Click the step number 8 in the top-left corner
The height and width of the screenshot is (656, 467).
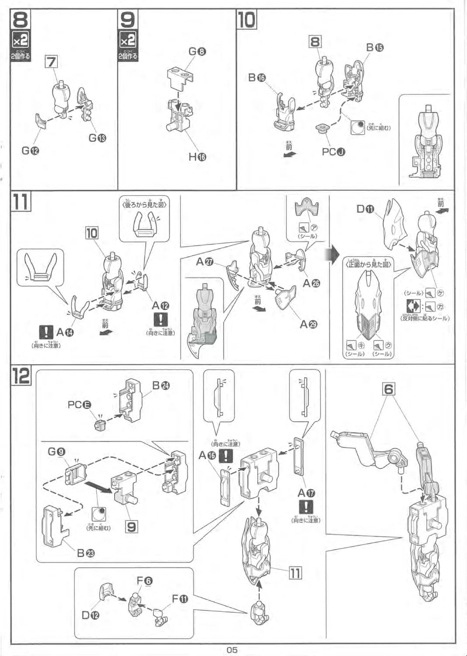[20, 20]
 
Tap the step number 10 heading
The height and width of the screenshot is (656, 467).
[246, 20]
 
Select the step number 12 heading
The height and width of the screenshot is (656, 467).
[21, 376]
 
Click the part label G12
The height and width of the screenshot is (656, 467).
[30, 151]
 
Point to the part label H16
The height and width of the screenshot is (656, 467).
[197, 157]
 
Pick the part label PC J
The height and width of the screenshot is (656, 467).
[333, 152]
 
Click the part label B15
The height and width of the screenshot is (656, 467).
[375, 47]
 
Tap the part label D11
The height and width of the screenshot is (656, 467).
[365, 209]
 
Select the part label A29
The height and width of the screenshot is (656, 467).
[308, 325]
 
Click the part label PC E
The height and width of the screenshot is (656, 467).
[79, 405]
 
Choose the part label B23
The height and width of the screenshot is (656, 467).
[86, 553]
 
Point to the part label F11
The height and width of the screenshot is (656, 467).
[180, 599]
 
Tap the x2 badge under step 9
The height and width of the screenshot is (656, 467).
[128, 40]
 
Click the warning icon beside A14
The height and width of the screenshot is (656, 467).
[46, 332]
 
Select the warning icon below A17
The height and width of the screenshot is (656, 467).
[306, 507]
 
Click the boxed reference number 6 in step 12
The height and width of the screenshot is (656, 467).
[388, 389]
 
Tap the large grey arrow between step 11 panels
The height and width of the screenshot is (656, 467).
[334, 255]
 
